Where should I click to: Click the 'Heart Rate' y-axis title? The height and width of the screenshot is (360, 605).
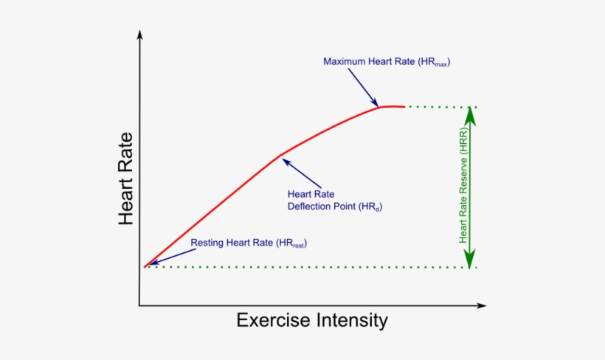(x=125, y=179)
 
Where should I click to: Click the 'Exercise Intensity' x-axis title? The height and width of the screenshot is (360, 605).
(x=311, y=320)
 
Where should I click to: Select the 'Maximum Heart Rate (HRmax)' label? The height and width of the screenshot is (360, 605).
(x=387, y=62)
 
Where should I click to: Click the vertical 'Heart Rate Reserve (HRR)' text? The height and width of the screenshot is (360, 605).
(x=463, y=189)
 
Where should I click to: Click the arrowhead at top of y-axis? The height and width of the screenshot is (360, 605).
(x=139, y=35)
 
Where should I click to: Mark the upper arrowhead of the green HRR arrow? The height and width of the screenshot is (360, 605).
(x=469, y=116)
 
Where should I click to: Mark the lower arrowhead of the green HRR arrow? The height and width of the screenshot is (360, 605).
(x=469, y=258)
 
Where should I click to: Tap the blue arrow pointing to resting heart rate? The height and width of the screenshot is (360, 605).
(x=167, y=256)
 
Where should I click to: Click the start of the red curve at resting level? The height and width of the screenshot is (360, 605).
(x=145, y=266)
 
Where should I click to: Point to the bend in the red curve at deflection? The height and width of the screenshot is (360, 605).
(x=280, y=156)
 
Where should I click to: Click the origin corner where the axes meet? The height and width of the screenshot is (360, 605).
(x=139, y=305)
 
